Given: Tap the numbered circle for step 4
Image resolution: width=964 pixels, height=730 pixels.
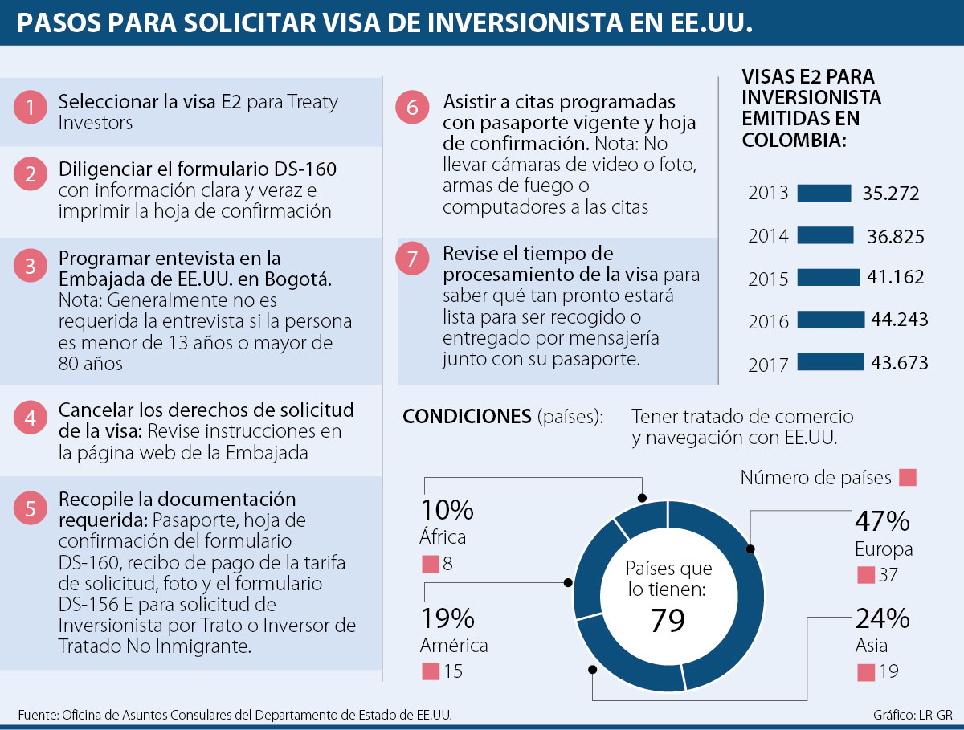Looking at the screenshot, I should pos(30,418).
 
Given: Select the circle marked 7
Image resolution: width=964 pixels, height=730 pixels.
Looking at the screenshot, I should pos(412,259).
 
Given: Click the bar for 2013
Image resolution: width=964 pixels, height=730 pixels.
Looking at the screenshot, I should pos(824,193).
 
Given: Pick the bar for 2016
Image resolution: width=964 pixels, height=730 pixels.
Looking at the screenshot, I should pos(831,320).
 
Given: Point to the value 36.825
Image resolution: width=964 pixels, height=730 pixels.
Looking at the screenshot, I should pos(896,237).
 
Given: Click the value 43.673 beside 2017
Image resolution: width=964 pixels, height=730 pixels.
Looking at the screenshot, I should pos(900,363).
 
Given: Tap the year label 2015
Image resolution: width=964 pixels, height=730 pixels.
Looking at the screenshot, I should pos(769,279).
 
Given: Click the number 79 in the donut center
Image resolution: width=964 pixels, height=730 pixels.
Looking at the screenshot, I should pos(668,620).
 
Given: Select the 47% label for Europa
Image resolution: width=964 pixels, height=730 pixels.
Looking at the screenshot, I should pos(883,522).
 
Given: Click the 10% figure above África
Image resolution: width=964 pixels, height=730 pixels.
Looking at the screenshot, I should pos(447,510).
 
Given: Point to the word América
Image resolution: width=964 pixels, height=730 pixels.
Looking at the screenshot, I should pos(453,646).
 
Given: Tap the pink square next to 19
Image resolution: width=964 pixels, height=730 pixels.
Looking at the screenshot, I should pos(865,671).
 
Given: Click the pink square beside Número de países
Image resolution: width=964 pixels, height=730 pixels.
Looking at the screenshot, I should pos(908,478).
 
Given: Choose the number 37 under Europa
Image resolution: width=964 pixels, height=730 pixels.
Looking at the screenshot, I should pos(887,575).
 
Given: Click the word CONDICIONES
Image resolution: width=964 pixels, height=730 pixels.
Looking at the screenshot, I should pos(466,416).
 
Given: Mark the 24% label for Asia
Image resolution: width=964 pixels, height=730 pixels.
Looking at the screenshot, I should pos(883,619).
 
